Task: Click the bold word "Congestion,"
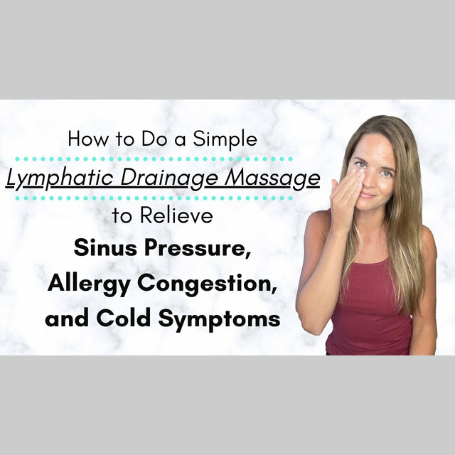206,284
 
